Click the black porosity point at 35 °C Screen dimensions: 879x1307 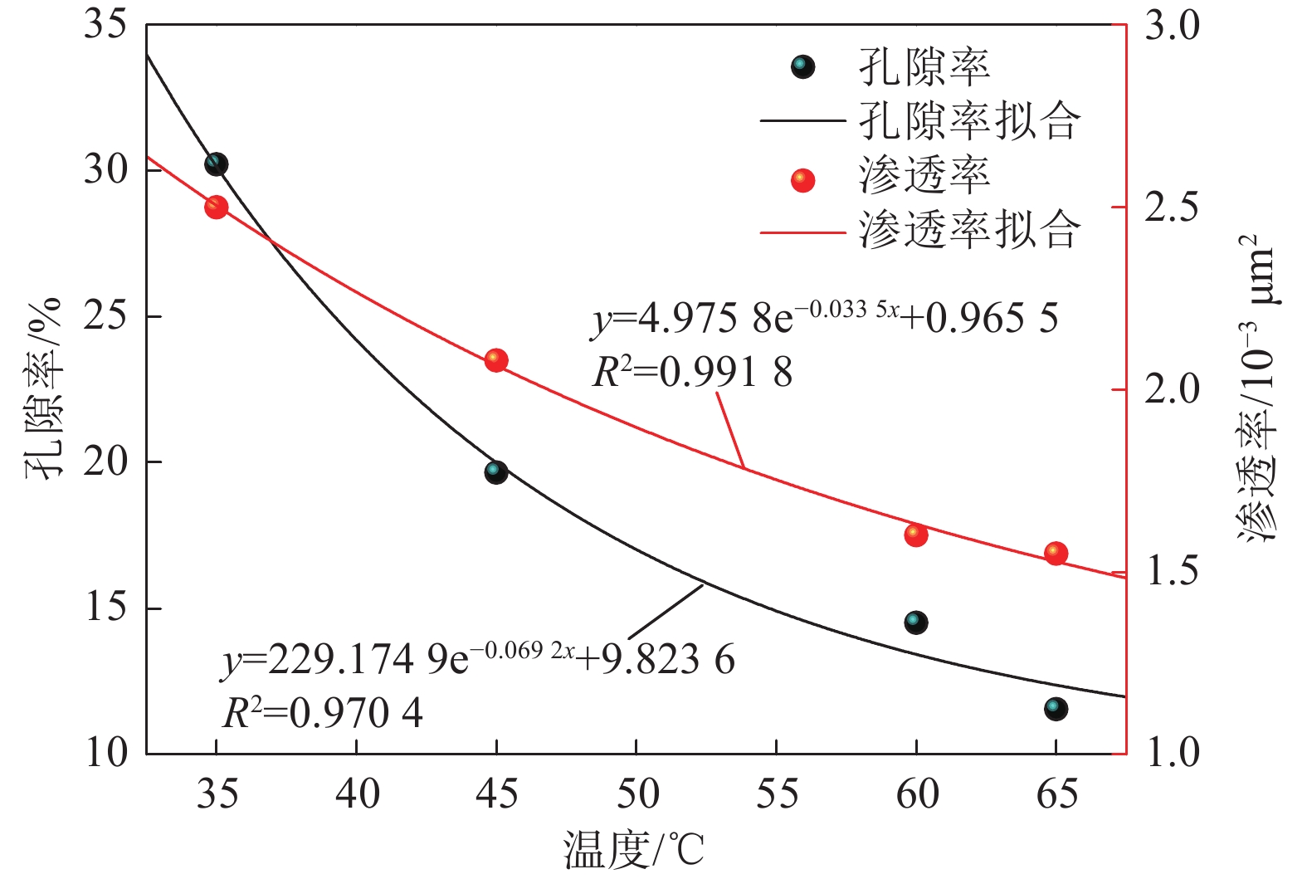[216, 164]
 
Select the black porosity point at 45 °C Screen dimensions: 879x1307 [496, 472]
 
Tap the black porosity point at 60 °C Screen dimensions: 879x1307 [916, 623]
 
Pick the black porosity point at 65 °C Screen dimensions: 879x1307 [1056, 709]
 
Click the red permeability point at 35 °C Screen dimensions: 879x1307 [217, 207]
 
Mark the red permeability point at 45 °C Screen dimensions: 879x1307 [496, 360]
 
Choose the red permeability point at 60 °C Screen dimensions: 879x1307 [916, 535]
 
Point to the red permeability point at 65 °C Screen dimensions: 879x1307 [1056, 553]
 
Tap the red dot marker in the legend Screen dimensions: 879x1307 [802, 180]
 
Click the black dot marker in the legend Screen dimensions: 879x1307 [802, 66]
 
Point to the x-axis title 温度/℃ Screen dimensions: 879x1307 [635, 850]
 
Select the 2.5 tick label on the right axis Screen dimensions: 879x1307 [1172, 207]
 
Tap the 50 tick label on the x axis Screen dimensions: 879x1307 [636, 794]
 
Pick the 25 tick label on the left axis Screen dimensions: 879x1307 [105, 316]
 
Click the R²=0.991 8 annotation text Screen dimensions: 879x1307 [692, 374]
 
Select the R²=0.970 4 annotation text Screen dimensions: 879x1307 [323, 713]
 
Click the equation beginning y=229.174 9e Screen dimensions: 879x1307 [478, 661]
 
